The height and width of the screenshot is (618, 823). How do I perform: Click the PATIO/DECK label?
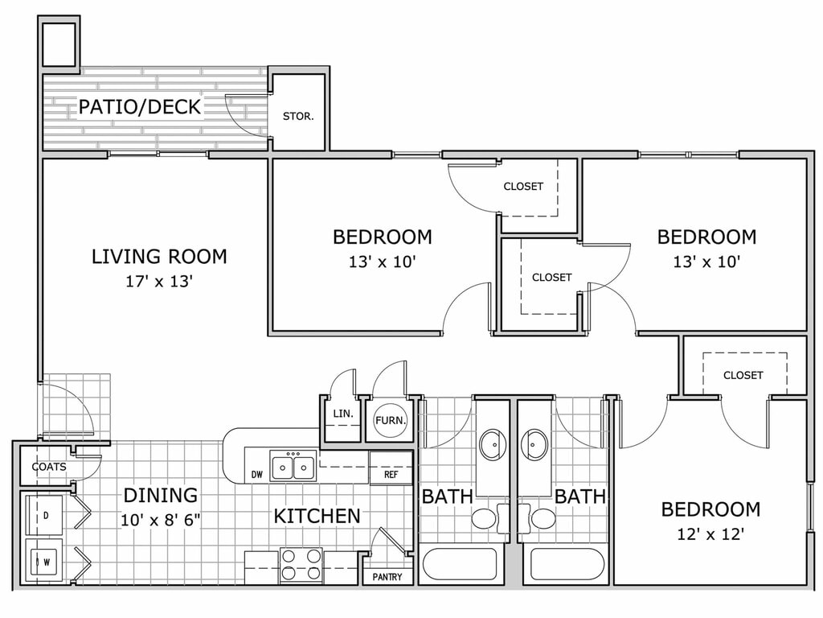[140, 107]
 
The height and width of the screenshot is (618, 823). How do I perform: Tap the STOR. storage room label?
[298, 116]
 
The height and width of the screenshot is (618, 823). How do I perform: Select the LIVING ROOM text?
[160, 257]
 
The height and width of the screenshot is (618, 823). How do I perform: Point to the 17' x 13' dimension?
[160, 282]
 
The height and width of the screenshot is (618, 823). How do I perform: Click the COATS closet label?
[49, 467]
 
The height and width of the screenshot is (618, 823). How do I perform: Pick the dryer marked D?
[45, 515]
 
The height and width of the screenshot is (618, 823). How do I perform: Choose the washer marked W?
[45, 562]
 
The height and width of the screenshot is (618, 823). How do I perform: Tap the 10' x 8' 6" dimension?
[161, 521]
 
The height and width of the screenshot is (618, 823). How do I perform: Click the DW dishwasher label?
[256, 475]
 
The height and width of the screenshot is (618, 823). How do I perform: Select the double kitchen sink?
[293, 466]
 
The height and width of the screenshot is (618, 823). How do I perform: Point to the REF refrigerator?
[391, 468]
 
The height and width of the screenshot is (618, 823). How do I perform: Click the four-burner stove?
[301, 566]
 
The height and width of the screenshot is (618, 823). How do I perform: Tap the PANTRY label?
[387, 577]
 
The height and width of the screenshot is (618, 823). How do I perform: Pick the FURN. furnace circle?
[391, 420]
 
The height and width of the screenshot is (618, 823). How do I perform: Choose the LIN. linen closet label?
[342, 414]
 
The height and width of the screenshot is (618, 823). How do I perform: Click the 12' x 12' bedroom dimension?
[710, 534]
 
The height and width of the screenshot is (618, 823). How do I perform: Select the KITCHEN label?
[317, 516]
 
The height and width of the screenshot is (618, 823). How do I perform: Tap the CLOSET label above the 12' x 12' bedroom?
[743, 375]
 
